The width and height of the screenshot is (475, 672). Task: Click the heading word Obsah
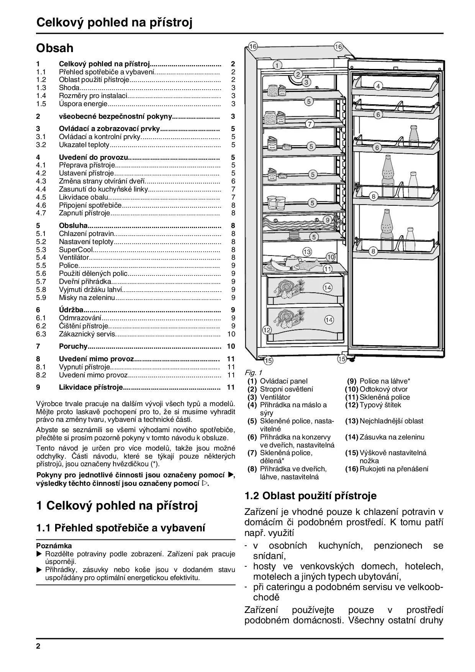pos(55,48)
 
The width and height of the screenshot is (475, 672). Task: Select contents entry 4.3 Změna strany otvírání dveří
pos(102,181)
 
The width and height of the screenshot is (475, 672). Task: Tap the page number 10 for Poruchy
pos(231,346)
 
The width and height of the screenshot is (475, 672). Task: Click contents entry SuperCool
pos(76,250)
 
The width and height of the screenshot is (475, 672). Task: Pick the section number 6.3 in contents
pos(41,334)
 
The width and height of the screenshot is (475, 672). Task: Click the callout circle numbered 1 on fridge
pos(277,65)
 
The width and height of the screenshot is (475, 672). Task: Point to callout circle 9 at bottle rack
pos(327,220)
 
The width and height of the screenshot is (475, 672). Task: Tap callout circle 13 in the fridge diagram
pos(307,252)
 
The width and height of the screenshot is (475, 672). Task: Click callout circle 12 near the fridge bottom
pos(267,330)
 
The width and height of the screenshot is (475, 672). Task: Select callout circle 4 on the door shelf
pos(378,86)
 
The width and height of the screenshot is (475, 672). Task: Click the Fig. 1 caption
pos(253,372)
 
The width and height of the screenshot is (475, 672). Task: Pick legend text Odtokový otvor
pos(383,389)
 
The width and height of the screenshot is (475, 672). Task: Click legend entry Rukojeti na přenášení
pos(394,469)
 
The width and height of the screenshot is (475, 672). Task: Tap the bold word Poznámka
pos(54,546)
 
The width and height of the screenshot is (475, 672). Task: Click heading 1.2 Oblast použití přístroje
pos(311,496)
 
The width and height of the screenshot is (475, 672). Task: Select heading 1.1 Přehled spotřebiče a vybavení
pos(121,528)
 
